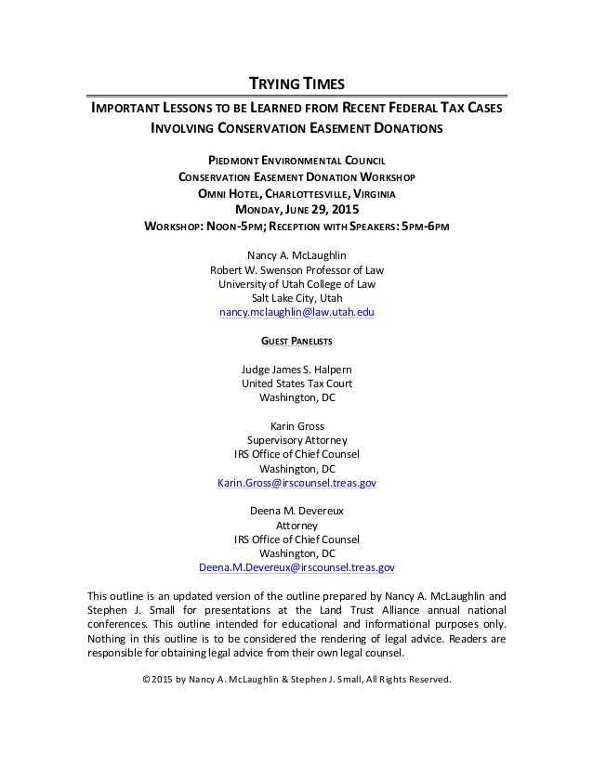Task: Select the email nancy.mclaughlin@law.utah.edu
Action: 296,314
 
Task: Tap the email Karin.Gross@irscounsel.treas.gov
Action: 296,484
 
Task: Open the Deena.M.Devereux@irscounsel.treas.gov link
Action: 296,566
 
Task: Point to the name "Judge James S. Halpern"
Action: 296,370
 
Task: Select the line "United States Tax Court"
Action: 296,384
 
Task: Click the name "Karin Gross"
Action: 296,426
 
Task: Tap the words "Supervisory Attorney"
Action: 296,440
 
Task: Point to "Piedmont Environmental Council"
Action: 296,161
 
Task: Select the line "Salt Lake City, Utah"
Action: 296,298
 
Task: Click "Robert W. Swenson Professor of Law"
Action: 296,270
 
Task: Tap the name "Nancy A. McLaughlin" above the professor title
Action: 296,255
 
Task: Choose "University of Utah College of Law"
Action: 296,284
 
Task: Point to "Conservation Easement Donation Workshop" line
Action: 296,177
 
